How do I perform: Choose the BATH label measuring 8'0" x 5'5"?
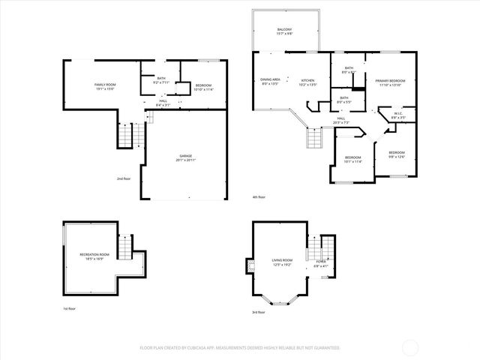point(343,98)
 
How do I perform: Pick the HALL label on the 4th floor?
point(340,119)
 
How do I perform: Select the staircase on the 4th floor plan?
point(313,138)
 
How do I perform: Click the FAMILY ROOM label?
point(104,85)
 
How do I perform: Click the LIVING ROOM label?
point(282,262)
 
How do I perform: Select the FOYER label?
point(321,264)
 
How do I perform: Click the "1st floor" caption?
point(70,309)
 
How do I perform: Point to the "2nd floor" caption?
point(124,178)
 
